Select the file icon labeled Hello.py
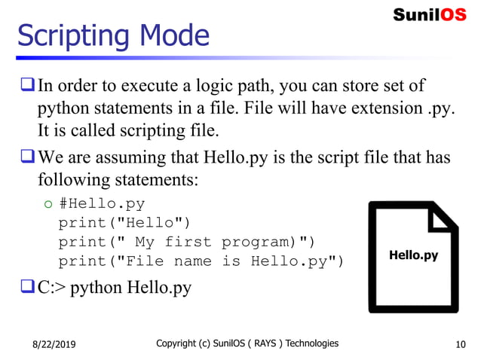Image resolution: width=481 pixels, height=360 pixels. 412,256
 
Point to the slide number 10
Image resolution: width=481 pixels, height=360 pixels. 461,344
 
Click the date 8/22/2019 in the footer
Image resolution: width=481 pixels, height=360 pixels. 54,345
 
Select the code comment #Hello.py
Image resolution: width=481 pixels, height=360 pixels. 102,203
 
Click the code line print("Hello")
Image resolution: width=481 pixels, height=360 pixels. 124,223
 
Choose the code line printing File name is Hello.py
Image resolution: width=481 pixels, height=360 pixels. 201,261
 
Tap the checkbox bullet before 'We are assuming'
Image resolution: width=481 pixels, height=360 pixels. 26,158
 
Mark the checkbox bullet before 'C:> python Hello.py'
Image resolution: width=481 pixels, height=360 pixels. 26,287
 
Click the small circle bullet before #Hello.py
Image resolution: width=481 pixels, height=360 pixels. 47,204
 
